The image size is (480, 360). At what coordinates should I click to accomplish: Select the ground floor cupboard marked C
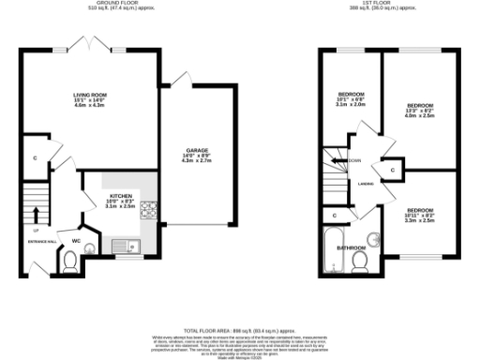click(x=35, y=158)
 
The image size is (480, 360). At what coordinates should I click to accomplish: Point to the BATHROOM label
click(x=351, y=247)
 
